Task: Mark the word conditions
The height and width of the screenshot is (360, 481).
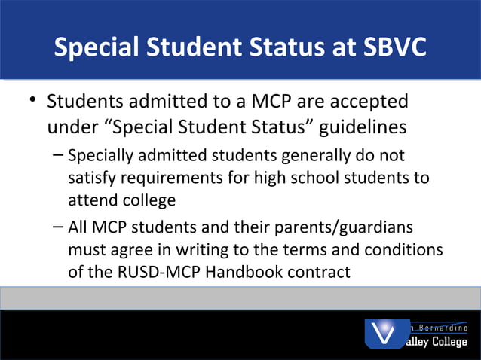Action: [x=403, y=249]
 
